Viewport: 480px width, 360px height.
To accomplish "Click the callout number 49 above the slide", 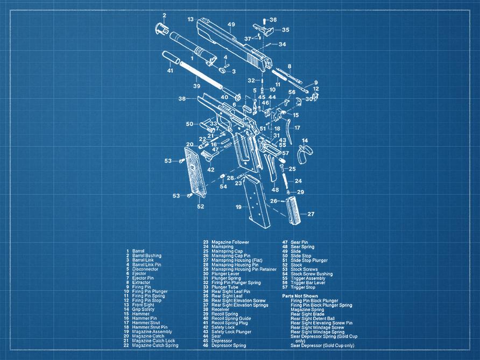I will click(231, 25).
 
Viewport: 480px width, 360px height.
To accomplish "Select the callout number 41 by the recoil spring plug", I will click(170, 70).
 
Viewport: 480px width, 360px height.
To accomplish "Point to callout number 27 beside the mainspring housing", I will click(310, 214).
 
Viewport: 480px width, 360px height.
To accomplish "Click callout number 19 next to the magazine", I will click(238, 207).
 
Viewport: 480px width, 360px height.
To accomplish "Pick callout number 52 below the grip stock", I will click(200, 206).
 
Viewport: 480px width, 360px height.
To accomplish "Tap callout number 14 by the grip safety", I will click(305, 140).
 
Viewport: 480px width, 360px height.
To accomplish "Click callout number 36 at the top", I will click(273, 20).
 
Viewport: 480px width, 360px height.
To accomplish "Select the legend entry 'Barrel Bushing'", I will click(146, 256).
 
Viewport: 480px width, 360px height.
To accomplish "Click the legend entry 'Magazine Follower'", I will click(230, 242).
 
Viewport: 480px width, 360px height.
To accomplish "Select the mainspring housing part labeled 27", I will click(293, 211).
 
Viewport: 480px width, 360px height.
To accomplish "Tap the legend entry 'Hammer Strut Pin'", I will click(150, 327).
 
